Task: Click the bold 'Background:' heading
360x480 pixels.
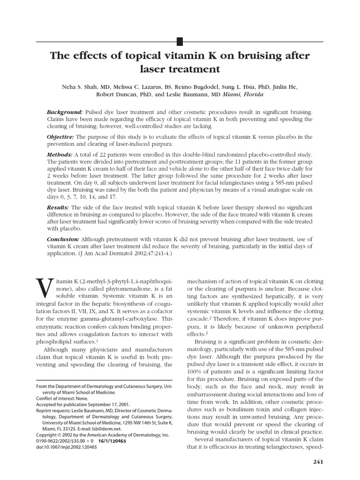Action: (x=65, y=112)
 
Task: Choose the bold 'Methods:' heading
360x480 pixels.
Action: (x=60, y=154)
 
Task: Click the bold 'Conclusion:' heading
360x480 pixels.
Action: (x=63, y=238)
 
